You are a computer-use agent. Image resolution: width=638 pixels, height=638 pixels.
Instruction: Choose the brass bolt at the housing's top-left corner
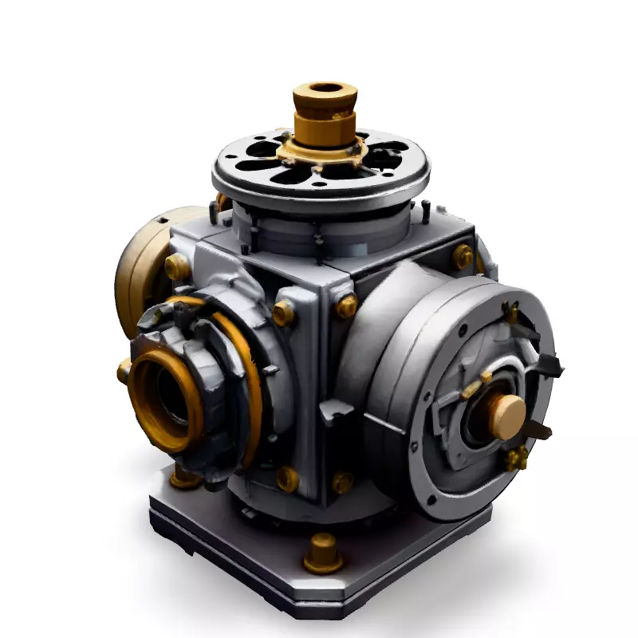click(x=177, y=266)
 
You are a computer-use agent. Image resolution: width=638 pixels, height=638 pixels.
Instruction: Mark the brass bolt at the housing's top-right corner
click(x=463, y=257)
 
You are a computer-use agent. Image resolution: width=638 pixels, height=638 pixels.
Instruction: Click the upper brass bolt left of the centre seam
click(x=284, y=313)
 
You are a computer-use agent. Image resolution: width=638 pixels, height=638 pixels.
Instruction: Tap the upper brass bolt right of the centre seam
click(x=346, y=306)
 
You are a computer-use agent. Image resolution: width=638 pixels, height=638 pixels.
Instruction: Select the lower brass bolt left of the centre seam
click(x=286, y=478)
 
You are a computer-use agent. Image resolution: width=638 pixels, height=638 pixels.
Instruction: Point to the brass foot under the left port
click(x=183, y=478)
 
